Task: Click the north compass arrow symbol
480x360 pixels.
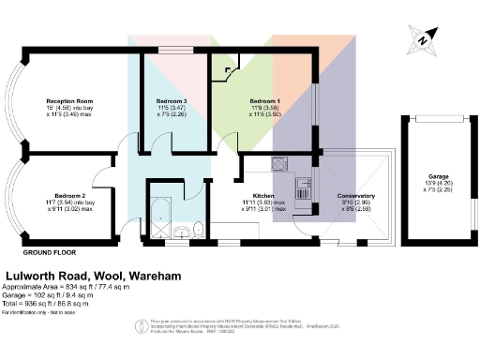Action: (423, 38)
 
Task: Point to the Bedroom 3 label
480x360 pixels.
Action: (172, 100)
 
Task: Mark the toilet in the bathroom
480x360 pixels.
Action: (199, 228)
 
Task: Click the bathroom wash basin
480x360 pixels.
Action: (184, 229)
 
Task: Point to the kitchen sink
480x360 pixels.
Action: (304, 184)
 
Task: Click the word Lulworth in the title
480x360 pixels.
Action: (35, 278)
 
